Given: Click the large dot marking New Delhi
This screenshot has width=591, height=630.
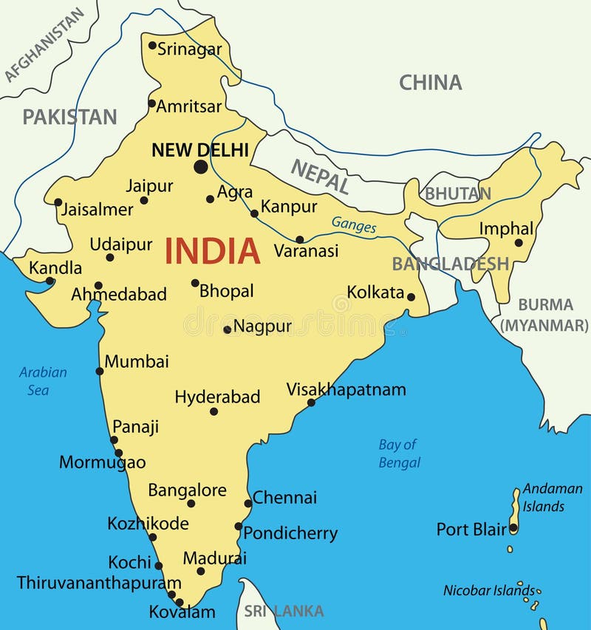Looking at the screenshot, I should coord(200,167).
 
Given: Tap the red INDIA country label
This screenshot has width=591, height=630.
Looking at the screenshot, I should coord(212,251).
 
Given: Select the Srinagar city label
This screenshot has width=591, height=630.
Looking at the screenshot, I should coord(189,49).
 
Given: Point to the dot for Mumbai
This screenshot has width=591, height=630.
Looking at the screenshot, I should coord(100,371).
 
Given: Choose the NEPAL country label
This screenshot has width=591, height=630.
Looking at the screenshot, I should coord(320,177).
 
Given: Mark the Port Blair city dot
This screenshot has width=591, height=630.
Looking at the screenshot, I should coord(513,528).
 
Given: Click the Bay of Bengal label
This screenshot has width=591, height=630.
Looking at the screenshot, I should coord(399,453).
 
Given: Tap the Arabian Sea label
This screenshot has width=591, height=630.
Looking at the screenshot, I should coord(43,381).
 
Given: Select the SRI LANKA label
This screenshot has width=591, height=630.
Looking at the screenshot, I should coord(284,611).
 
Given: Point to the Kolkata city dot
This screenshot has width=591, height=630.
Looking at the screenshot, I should coord(411,297).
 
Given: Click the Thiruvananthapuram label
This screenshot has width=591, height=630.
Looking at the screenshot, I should coord(99,582).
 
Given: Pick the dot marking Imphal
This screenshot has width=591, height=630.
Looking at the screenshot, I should coord(519,242).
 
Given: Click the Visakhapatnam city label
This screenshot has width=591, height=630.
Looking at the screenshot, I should coord(346,389).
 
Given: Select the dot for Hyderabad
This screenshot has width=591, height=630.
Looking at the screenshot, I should coord(213,411).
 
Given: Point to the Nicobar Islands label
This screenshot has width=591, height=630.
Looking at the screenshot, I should coord(488,590).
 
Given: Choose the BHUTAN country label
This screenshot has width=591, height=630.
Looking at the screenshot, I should coord(457,194).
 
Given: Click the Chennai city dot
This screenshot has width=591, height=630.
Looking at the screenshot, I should coord(247,504).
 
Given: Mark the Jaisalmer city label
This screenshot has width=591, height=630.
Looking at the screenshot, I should coord(97,209).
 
